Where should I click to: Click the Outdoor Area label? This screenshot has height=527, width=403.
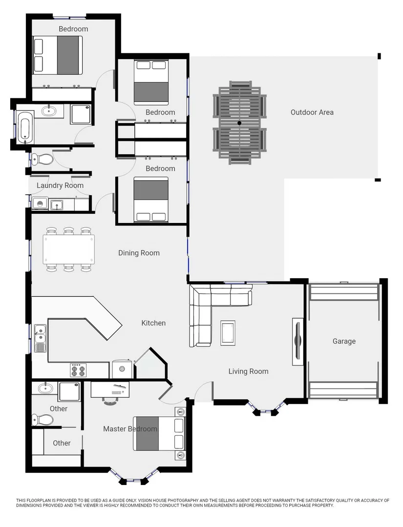[312, 112]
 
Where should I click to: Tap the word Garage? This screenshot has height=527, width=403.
[344, 341]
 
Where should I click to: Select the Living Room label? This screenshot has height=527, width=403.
[248, 371]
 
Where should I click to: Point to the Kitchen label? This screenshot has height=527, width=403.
[153, 323]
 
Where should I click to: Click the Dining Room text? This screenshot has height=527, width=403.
[139, 253]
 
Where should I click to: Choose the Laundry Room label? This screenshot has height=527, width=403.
[60, 185]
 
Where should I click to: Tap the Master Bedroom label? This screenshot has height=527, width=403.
[130, 429]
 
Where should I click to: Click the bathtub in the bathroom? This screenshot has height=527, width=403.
[25, 127]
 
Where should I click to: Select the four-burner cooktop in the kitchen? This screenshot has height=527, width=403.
[78, 370]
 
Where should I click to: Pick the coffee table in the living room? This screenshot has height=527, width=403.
[228, 333]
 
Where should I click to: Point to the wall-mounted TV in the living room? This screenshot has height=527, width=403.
[297, 342]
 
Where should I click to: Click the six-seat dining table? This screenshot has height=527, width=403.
[69, 249]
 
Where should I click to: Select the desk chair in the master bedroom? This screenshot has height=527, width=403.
[110, 401]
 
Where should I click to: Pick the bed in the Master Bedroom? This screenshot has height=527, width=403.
[159, 434]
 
